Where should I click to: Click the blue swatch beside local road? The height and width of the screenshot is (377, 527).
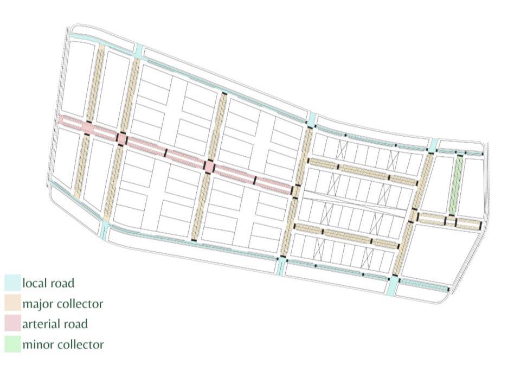point(12,283)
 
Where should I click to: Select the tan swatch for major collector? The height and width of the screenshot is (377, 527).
point(12,303)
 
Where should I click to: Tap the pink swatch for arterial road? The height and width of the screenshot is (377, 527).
point(12,324)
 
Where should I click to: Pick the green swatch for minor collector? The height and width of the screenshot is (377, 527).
point(12,344)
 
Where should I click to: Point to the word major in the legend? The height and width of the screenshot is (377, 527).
point(36,303)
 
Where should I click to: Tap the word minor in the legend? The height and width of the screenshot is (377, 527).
point(36,344)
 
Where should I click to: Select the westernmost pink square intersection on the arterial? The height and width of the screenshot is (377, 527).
point(88,128)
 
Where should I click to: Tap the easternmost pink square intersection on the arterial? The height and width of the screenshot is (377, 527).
point(209,166)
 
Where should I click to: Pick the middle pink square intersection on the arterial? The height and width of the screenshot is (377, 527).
point(122,138)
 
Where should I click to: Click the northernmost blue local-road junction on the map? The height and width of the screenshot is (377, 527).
point(139,50)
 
